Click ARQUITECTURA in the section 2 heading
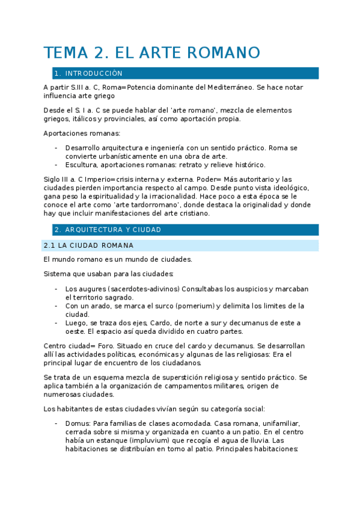(x=93, y=230)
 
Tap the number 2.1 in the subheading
(x=49, y=246)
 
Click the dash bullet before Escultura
(x=56, y=165)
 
